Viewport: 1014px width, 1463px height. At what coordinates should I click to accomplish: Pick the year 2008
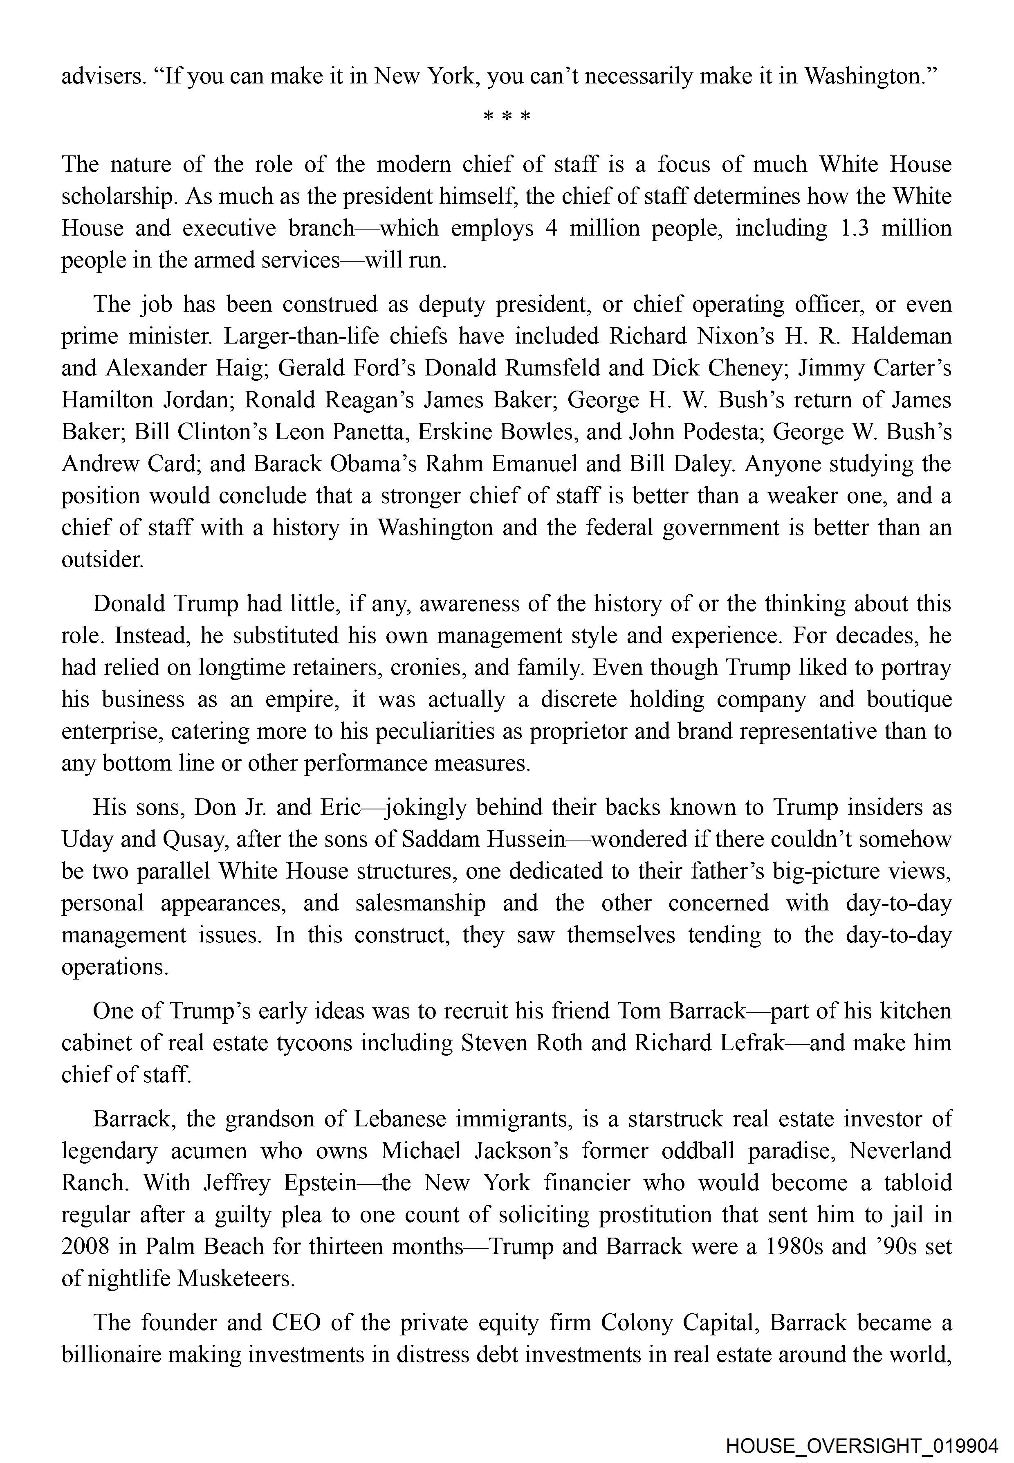[x=86, y=1246]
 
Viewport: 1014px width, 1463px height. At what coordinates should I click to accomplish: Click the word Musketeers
[x=236, y=1278]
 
